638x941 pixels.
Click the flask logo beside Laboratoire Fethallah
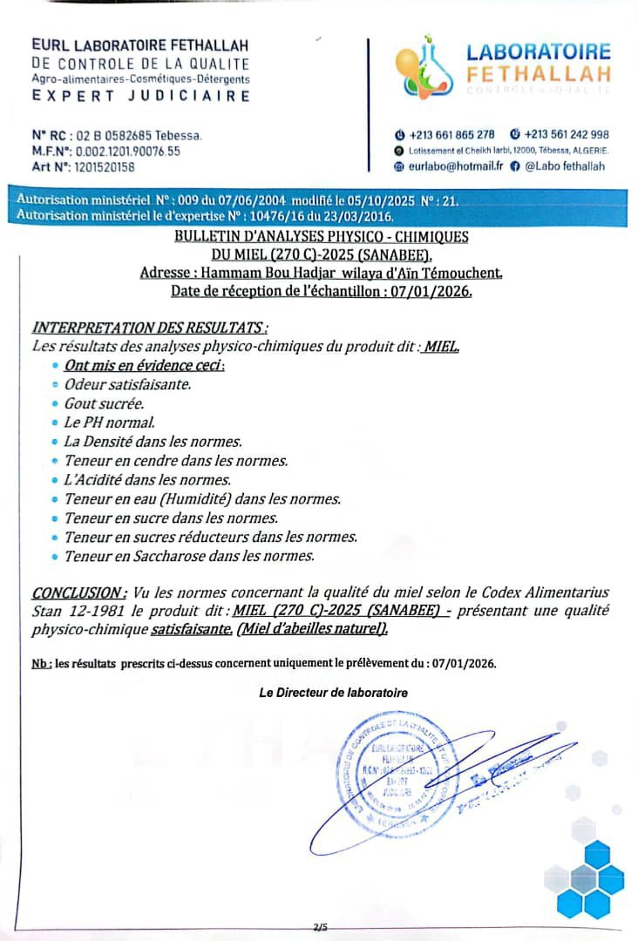[x=418, y=66]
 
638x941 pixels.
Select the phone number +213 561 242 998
[x=566, y=134]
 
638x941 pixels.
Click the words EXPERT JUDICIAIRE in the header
[x=141, y=96]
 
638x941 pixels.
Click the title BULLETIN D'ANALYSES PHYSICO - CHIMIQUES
[x=322, y=236]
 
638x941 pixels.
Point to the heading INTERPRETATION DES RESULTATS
[x=148, y=328]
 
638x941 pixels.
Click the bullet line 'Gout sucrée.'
[x=104, y=403]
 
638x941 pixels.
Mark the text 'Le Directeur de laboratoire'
[x=333, y=693]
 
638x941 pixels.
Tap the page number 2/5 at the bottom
[x=320, y=928]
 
